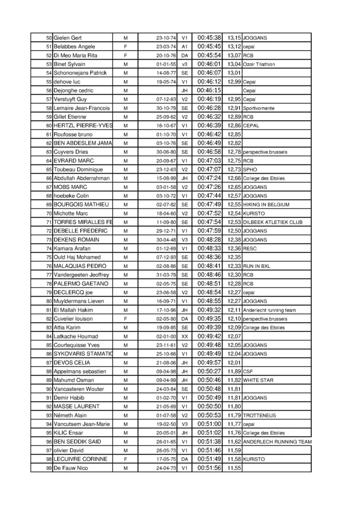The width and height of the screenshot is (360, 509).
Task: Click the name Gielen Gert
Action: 68,38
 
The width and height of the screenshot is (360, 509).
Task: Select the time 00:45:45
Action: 209,47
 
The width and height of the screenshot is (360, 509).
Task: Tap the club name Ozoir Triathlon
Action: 259,65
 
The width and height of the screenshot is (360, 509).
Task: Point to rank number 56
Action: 49,91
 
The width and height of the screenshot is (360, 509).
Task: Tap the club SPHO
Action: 250,170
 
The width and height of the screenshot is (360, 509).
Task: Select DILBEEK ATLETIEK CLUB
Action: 273,222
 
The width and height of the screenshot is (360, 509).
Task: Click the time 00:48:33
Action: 209,249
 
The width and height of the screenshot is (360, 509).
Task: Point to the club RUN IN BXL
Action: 257,266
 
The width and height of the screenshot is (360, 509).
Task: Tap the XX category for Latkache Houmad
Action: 184,336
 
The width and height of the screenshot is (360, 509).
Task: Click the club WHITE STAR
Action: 259,380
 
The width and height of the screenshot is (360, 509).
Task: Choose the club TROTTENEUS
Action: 259,415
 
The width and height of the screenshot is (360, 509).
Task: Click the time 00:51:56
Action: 209,468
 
